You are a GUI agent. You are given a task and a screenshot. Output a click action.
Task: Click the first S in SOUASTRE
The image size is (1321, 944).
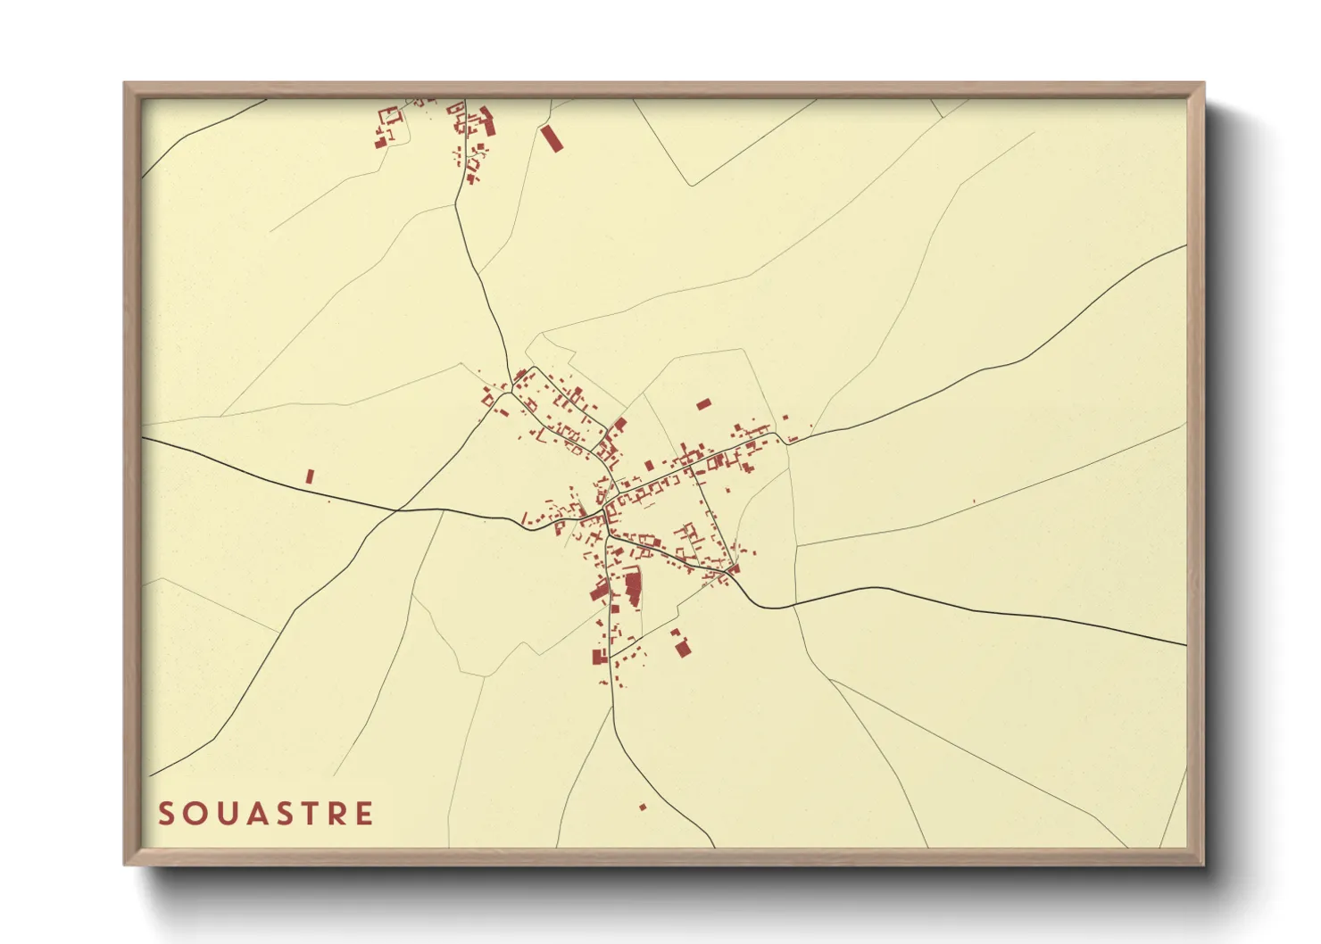(166, 814)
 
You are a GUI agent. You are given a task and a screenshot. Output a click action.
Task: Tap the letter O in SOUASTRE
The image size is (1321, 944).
(195, 814)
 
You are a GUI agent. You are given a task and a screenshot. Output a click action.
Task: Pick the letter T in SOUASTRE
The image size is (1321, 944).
(313, 814)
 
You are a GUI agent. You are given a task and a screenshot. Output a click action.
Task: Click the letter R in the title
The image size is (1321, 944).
(339, 814)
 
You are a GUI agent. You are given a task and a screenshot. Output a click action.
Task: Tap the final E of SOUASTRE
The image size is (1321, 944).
(365, 814)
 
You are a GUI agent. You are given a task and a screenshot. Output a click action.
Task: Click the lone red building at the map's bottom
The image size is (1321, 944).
(643, 807)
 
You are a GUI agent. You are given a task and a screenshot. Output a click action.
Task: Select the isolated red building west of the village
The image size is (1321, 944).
(310, 476)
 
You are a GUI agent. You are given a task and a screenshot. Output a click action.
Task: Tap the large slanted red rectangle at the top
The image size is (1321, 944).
(552, 138)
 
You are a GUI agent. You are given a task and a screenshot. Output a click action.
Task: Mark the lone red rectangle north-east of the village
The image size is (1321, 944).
(703, 404)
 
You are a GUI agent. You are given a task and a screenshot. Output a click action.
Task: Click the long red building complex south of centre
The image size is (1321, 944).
(633, 590)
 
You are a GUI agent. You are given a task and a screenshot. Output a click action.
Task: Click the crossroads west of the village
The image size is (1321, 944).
(396, 510)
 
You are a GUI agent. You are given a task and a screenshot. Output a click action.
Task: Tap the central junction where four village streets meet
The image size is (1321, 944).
(607, 518)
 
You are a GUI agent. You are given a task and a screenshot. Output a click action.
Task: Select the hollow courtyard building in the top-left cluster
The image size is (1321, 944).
(389, 117)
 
